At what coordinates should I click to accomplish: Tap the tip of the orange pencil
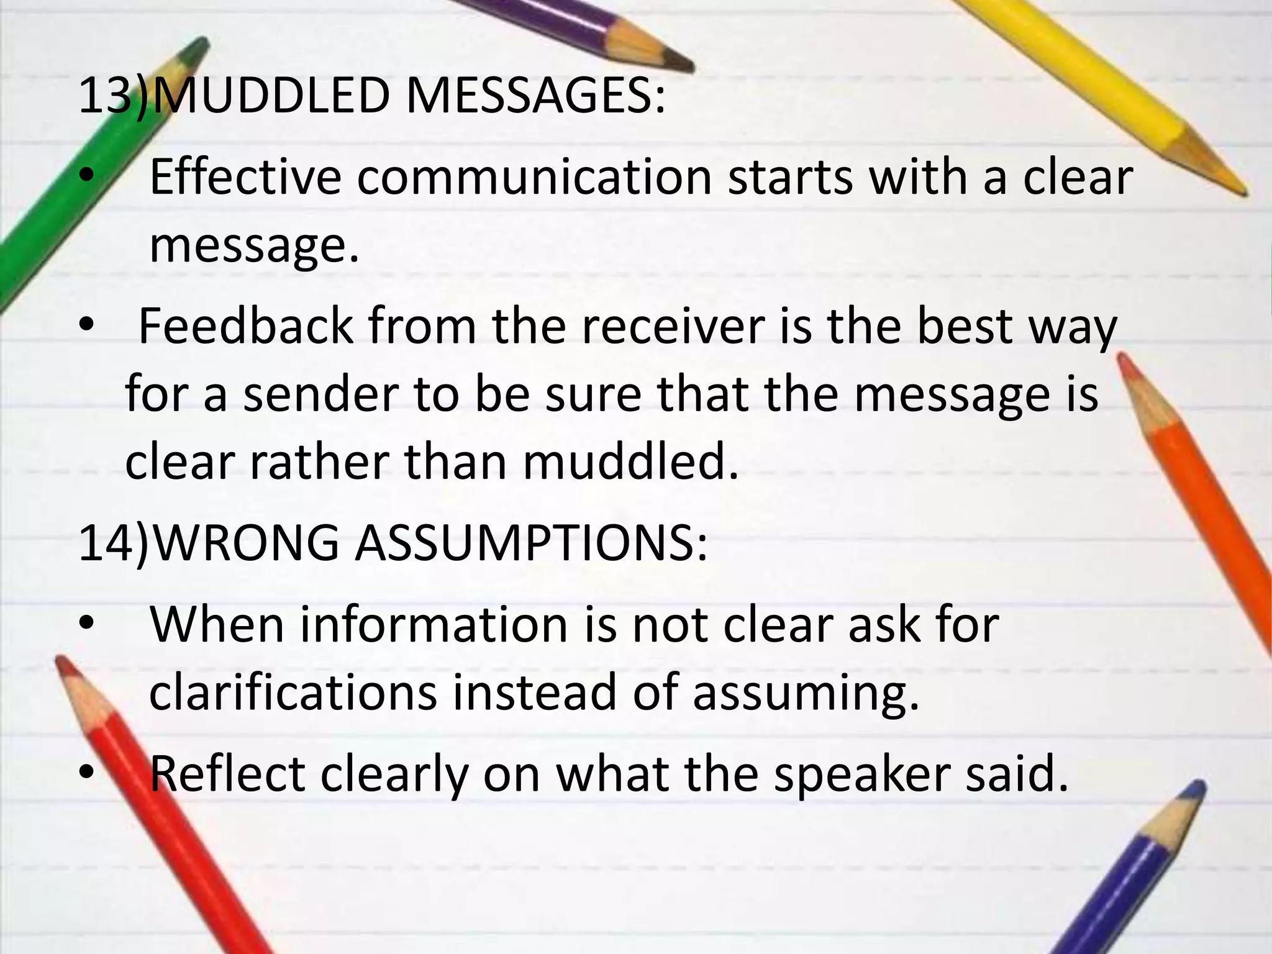(1122, 358)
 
